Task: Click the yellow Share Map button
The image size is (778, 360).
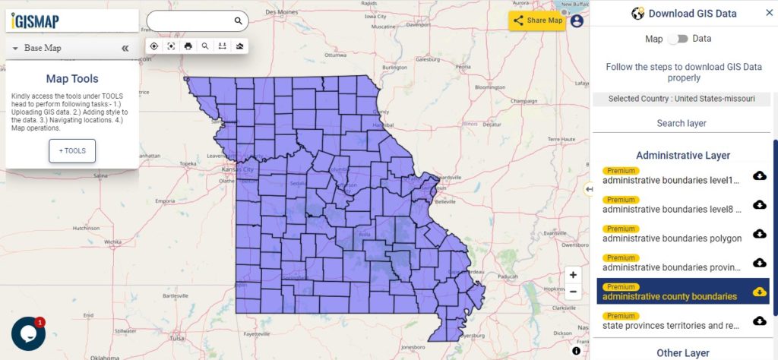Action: (537, 21)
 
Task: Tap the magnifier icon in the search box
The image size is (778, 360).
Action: (239, 21)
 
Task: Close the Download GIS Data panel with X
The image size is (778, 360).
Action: (769, 13)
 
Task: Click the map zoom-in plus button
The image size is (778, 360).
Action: (573, 275)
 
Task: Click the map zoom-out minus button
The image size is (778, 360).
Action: (573, 292)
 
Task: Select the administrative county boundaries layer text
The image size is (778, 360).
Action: (669, 296)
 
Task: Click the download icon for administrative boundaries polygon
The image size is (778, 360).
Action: (759, 234)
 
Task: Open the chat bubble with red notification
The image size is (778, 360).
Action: (28, 334)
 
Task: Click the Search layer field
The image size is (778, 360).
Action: (682, 123)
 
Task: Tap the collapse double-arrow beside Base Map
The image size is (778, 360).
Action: (125, 48)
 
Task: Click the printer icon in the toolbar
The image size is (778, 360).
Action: (188, 46)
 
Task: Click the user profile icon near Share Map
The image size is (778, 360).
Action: (577, 21)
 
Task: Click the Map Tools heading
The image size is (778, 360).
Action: (72, 78)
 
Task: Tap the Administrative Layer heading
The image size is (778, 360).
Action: (683, 155)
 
